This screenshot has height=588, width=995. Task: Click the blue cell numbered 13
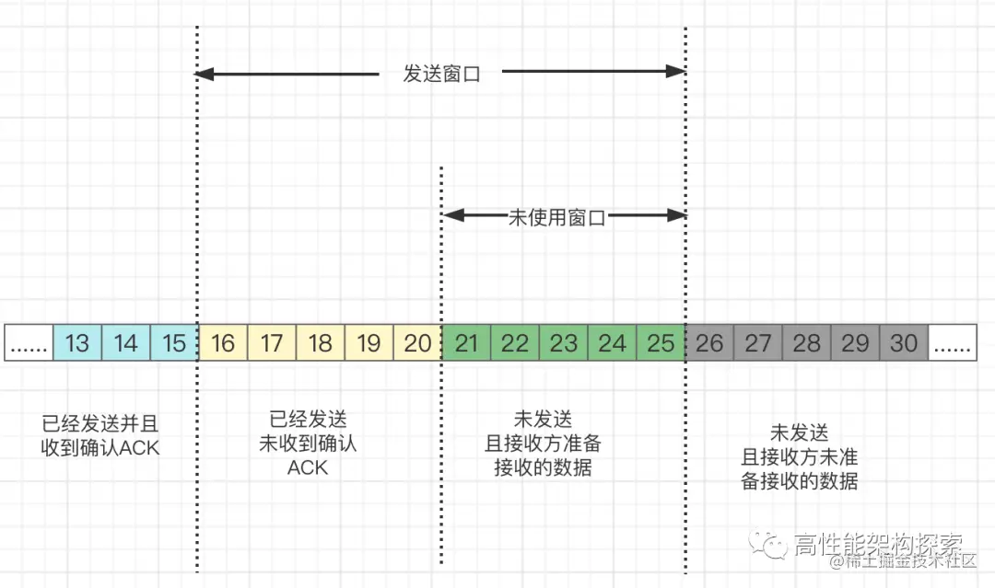point(77,343)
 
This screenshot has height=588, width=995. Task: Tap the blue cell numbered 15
point(174,343)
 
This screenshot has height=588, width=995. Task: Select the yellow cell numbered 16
point(223,343)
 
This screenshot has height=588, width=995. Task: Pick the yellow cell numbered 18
point(320,343)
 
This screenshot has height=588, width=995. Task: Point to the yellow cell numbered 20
point(417,343)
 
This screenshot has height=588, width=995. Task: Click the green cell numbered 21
point(466,343)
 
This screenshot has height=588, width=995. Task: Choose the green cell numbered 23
point(563,343)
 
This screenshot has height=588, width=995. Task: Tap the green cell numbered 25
point(661,343)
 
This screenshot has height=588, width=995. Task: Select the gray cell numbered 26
point(709,343)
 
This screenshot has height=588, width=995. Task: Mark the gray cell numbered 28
point(806,343)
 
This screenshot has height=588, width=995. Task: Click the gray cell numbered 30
point(904,343)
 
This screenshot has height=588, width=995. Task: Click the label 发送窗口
point(442,74)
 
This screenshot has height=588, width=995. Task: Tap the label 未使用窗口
point(557,218)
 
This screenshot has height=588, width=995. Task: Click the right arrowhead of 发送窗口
point(677,72)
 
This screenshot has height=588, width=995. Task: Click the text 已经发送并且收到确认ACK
point(100,435)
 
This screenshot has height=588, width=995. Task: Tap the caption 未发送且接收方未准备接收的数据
point(800,456)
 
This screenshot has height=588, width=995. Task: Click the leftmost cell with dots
point(29,343)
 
